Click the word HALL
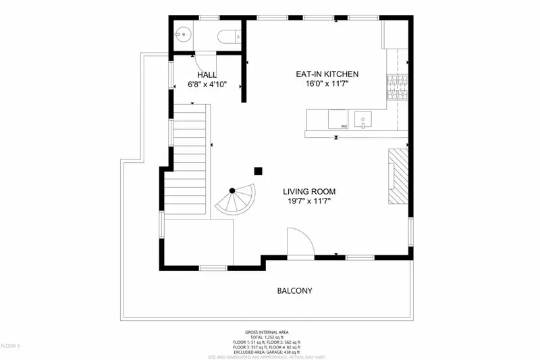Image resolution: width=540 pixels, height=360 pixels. pyautogui.click(x=207, y=74)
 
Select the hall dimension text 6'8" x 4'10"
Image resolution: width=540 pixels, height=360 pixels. pyautogui.click(x=207, y=84)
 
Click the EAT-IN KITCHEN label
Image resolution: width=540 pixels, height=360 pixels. pyautogui.click(x=327, y=74)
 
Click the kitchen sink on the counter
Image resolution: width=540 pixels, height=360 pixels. pyautogui.click(x=363, y=120)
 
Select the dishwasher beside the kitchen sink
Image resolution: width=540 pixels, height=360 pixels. pyautogui.click(x=338, y=120)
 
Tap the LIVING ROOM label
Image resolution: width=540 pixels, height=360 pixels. pyautogui.click(x=309, y=191)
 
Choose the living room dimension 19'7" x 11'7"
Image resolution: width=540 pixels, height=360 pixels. pyautogui.click(x=309, y=201)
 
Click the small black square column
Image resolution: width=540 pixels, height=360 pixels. pyautogui.click(x=258, y=171)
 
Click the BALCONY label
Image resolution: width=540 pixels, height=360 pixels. pyautogui.click(x=294, y=291)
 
